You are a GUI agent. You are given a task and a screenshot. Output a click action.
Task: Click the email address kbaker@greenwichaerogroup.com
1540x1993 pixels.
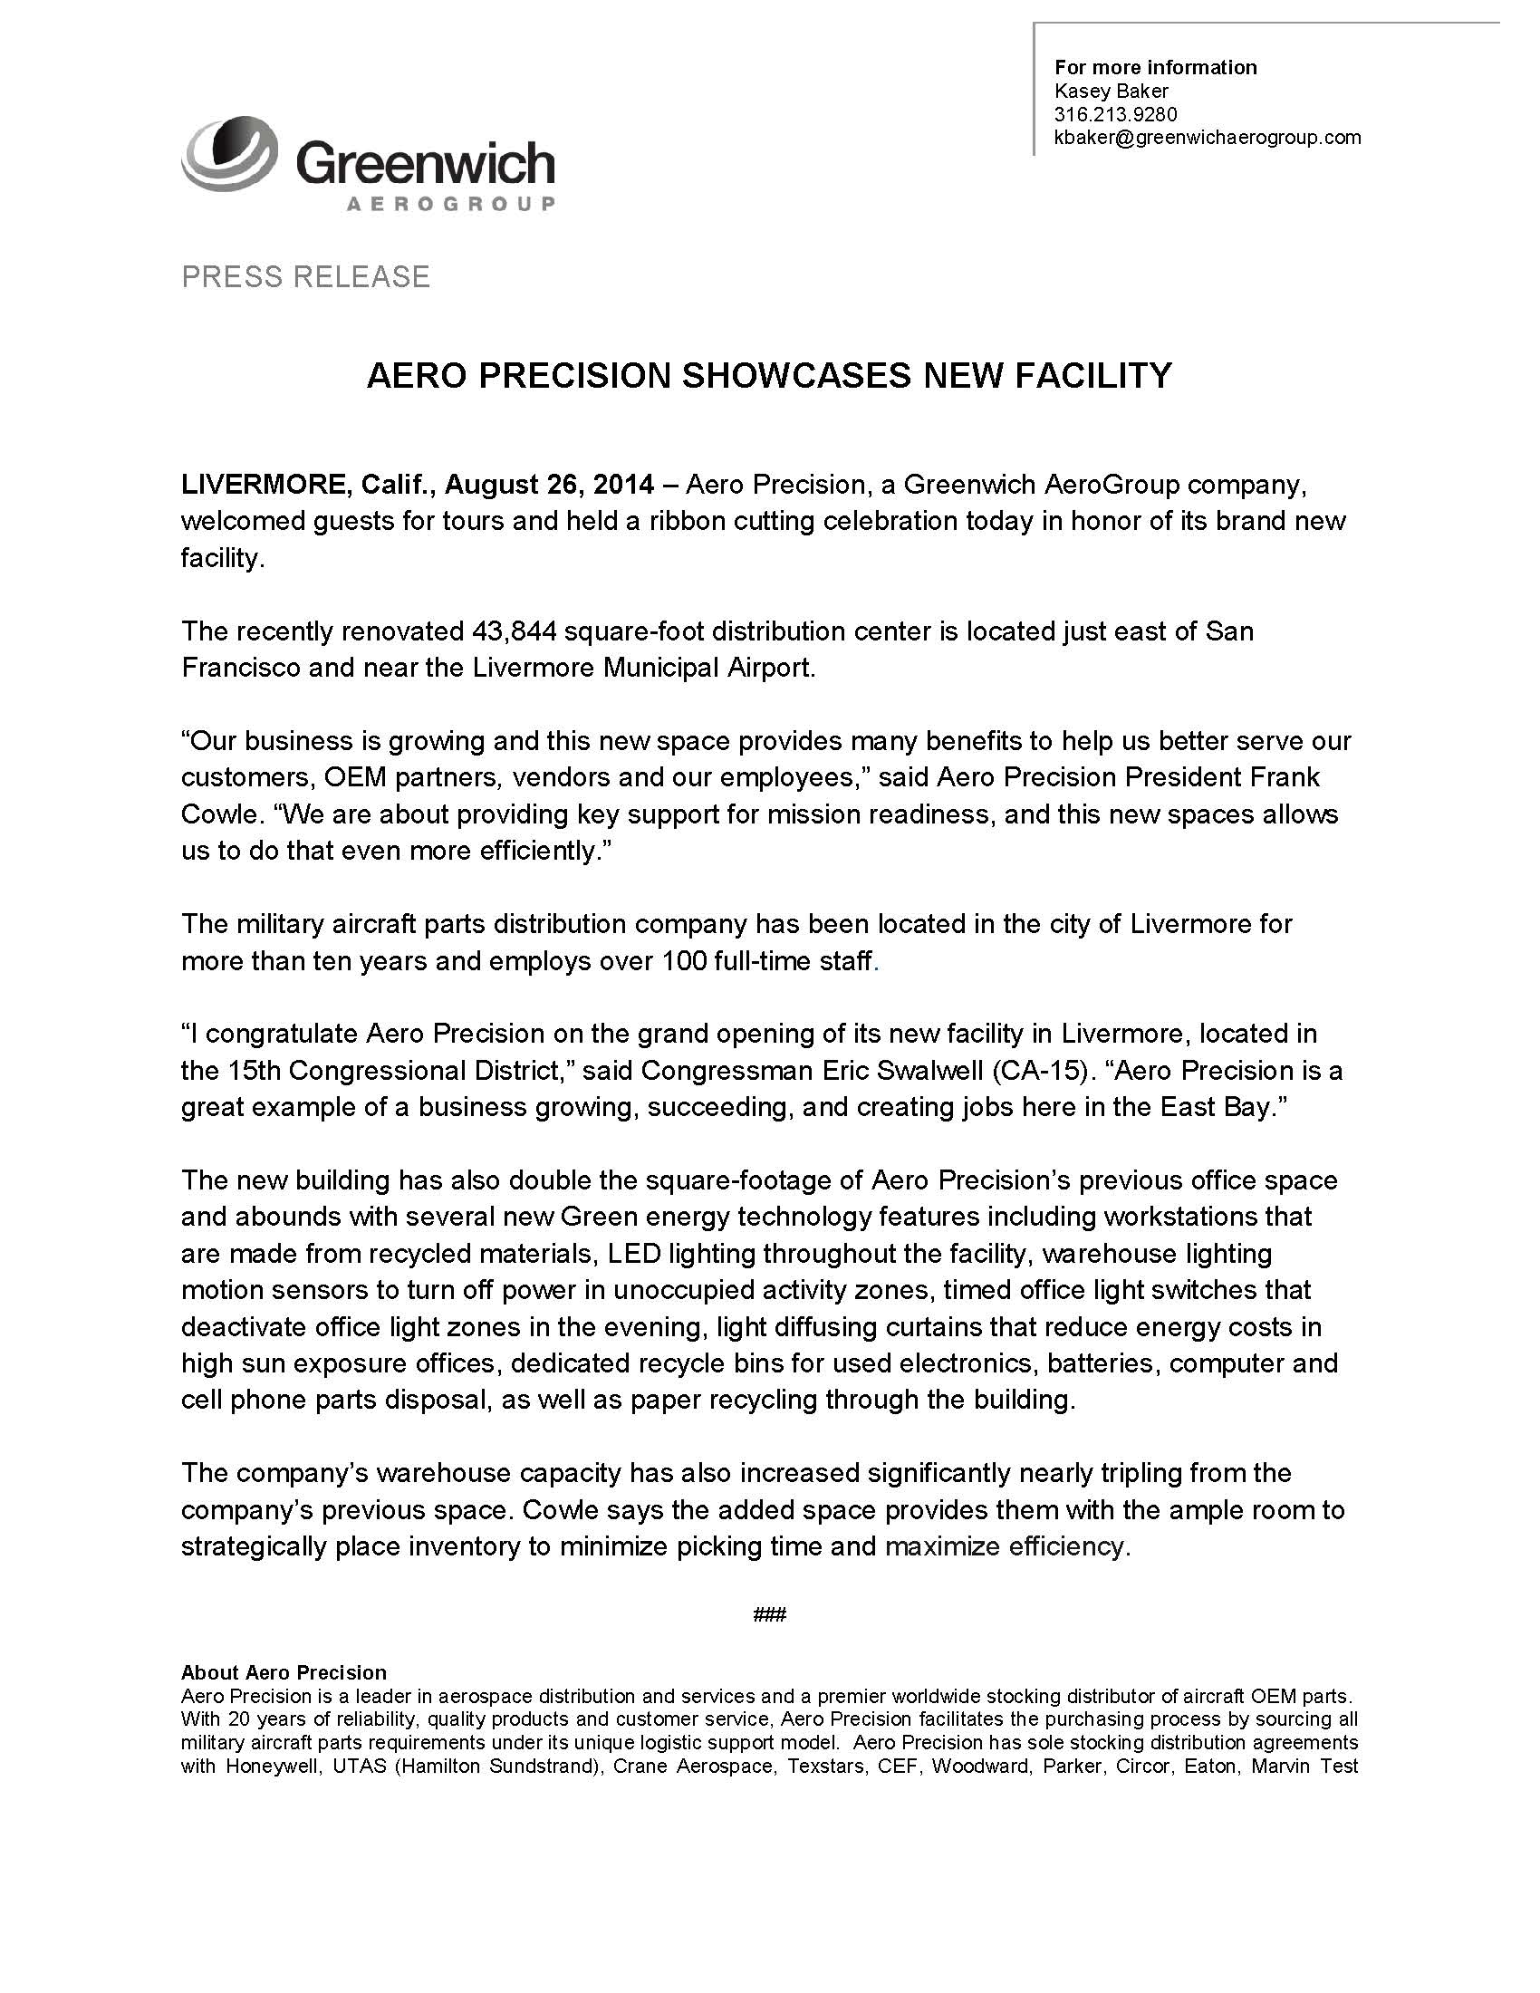pos(1207,138)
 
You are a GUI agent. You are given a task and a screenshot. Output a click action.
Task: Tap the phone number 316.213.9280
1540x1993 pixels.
pos(1116,115)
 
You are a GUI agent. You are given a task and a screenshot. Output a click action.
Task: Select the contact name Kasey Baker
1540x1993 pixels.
pos(1112,91)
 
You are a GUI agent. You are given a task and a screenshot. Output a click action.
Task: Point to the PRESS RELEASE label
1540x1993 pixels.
pos(305,277)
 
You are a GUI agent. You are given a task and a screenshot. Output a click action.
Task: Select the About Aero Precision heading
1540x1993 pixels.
pos(284,1672)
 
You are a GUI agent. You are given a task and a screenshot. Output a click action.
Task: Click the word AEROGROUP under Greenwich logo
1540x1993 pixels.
pos(451,204)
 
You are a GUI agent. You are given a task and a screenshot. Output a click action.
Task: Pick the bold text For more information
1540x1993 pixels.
pos(1155,68)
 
